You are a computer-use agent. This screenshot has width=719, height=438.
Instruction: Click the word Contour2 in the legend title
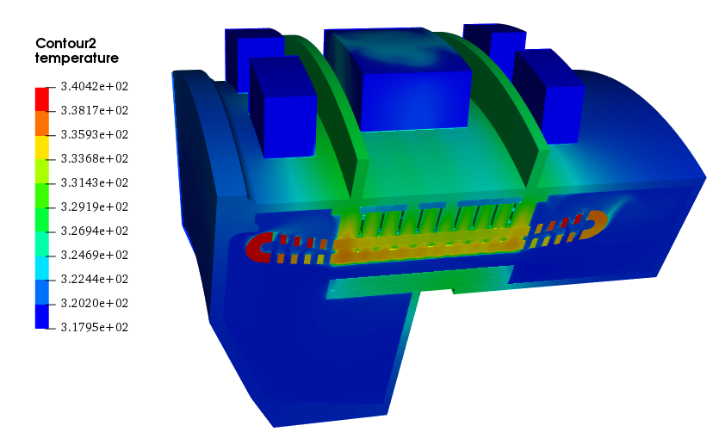[65, 44]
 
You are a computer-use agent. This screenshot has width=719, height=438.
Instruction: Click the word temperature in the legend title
[77, 59]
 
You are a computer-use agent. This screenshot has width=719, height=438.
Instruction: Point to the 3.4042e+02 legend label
[95, 86]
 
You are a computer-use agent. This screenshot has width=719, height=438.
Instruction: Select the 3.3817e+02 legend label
[95, 110]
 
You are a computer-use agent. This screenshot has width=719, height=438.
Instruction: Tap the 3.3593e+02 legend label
[95, 134]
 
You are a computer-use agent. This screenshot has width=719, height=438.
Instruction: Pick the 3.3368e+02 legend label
[95, 158]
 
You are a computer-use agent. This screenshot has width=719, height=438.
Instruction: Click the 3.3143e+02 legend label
[95, 182]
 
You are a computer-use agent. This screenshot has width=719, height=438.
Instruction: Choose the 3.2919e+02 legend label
[95, 207]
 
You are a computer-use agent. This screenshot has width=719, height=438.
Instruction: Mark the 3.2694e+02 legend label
[95, 231]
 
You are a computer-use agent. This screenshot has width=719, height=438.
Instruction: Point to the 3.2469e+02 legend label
[95, 255]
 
